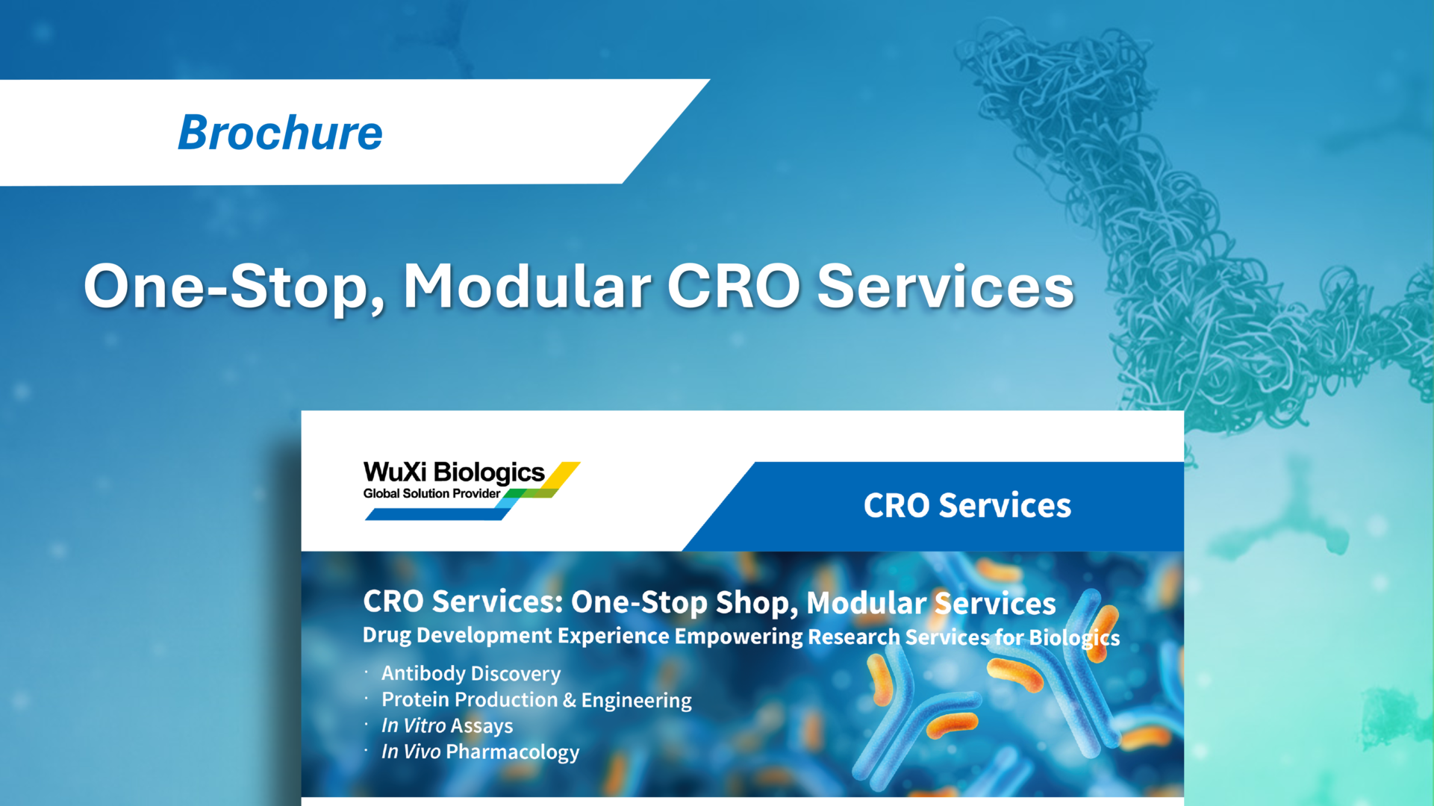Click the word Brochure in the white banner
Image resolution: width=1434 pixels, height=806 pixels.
coord(280,133)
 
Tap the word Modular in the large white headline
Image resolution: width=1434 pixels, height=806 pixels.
coord(527,287)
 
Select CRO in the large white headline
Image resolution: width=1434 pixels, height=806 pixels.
coord(733,287)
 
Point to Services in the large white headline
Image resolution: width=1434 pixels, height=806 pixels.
coord(945,287)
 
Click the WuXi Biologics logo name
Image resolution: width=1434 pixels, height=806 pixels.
coord(454,472)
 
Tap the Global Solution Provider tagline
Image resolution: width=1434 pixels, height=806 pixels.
coord(431,493)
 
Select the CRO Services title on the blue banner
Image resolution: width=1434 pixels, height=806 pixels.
coord(967,505)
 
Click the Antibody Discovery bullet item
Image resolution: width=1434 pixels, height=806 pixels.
coord(470,673)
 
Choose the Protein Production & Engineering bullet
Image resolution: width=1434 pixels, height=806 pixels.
coord(536,700)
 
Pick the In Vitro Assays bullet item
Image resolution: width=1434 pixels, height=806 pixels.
coord(446,725)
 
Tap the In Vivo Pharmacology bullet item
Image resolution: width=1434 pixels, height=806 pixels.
coord(480,752)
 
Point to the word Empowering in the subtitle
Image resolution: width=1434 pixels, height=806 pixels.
coord(738,636)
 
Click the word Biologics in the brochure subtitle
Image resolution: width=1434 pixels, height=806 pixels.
coord(1074,637)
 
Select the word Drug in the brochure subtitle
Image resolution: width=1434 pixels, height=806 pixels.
coord(387,635)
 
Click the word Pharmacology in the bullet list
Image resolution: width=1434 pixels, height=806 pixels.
coord(512,752)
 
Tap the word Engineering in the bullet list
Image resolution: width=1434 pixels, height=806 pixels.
coord(636,700)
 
